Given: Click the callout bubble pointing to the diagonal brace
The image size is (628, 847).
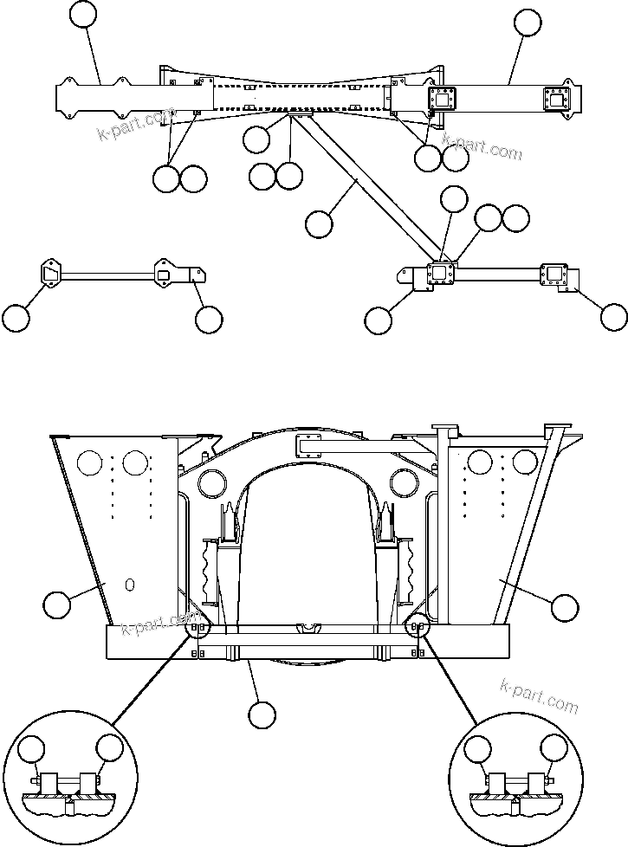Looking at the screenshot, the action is [319, 223].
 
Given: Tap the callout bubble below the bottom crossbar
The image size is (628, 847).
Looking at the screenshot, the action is [262, 714].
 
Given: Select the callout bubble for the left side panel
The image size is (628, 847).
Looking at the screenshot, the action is [57, 605].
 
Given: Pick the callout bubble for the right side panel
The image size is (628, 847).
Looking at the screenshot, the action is [565, 607].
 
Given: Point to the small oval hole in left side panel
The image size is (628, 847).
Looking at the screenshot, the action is [130, 585].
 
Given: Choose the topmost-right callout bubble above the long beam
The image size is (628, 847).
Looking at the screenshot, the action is [528, 23].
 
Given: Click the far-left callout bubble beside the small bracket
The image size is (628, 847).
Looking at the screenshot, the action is [16, 318].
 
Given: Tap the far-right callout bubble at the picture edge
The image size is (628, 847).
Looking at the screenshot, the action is [614, 317].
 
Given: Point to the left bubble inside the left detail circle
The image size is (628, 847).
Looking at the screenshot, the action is [33, 749].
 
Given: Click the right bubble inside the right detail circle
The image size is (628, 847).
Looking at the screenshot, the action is [554, 749].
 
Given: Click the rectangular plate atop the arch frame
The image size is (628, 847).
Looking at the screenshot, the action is [311, 446].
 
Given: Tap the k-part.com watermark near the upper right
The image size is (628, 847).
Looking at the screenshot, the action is [482, 146].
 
